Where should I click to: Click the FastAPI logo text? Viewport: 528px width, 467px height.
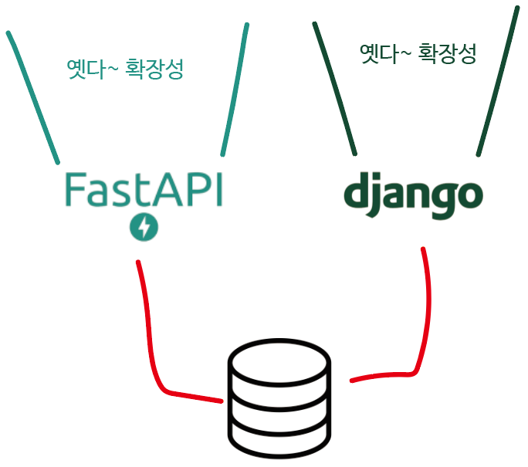143,189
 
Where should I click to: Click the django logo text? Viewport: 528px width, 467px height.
413,195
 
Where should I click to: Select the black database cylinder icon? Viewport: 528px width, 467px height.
280,399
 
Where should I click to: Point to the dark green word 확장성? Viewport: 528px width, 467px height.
447,53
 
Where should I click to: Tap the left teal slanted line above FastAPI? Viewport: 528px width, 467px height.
33,96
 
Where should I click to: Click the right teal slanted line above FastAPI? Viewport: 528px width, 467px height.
235,89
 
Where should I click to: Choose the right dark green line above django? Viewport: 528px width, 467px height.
498,81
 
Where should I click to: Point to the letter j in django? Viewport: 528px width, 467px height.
379,197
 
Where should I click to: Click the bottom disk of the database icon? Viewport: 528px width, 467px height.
280,438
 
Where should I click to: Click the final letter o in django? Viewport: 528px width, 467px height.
469,198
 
